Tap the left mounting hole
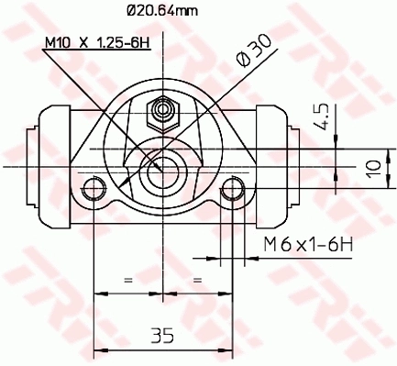pos(93,192)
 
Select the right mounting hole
pos(233,192)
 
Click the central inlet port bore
pos(162,167)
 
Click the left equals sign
pos(127,279)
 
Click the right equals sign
pos(197,279)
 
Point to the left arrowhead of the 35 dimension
pos(97,349)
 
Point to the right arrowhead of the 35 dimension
pos(228,349)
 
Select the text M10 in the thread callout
pos(60,42)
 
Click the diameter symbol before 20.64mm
pos(129,10)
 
